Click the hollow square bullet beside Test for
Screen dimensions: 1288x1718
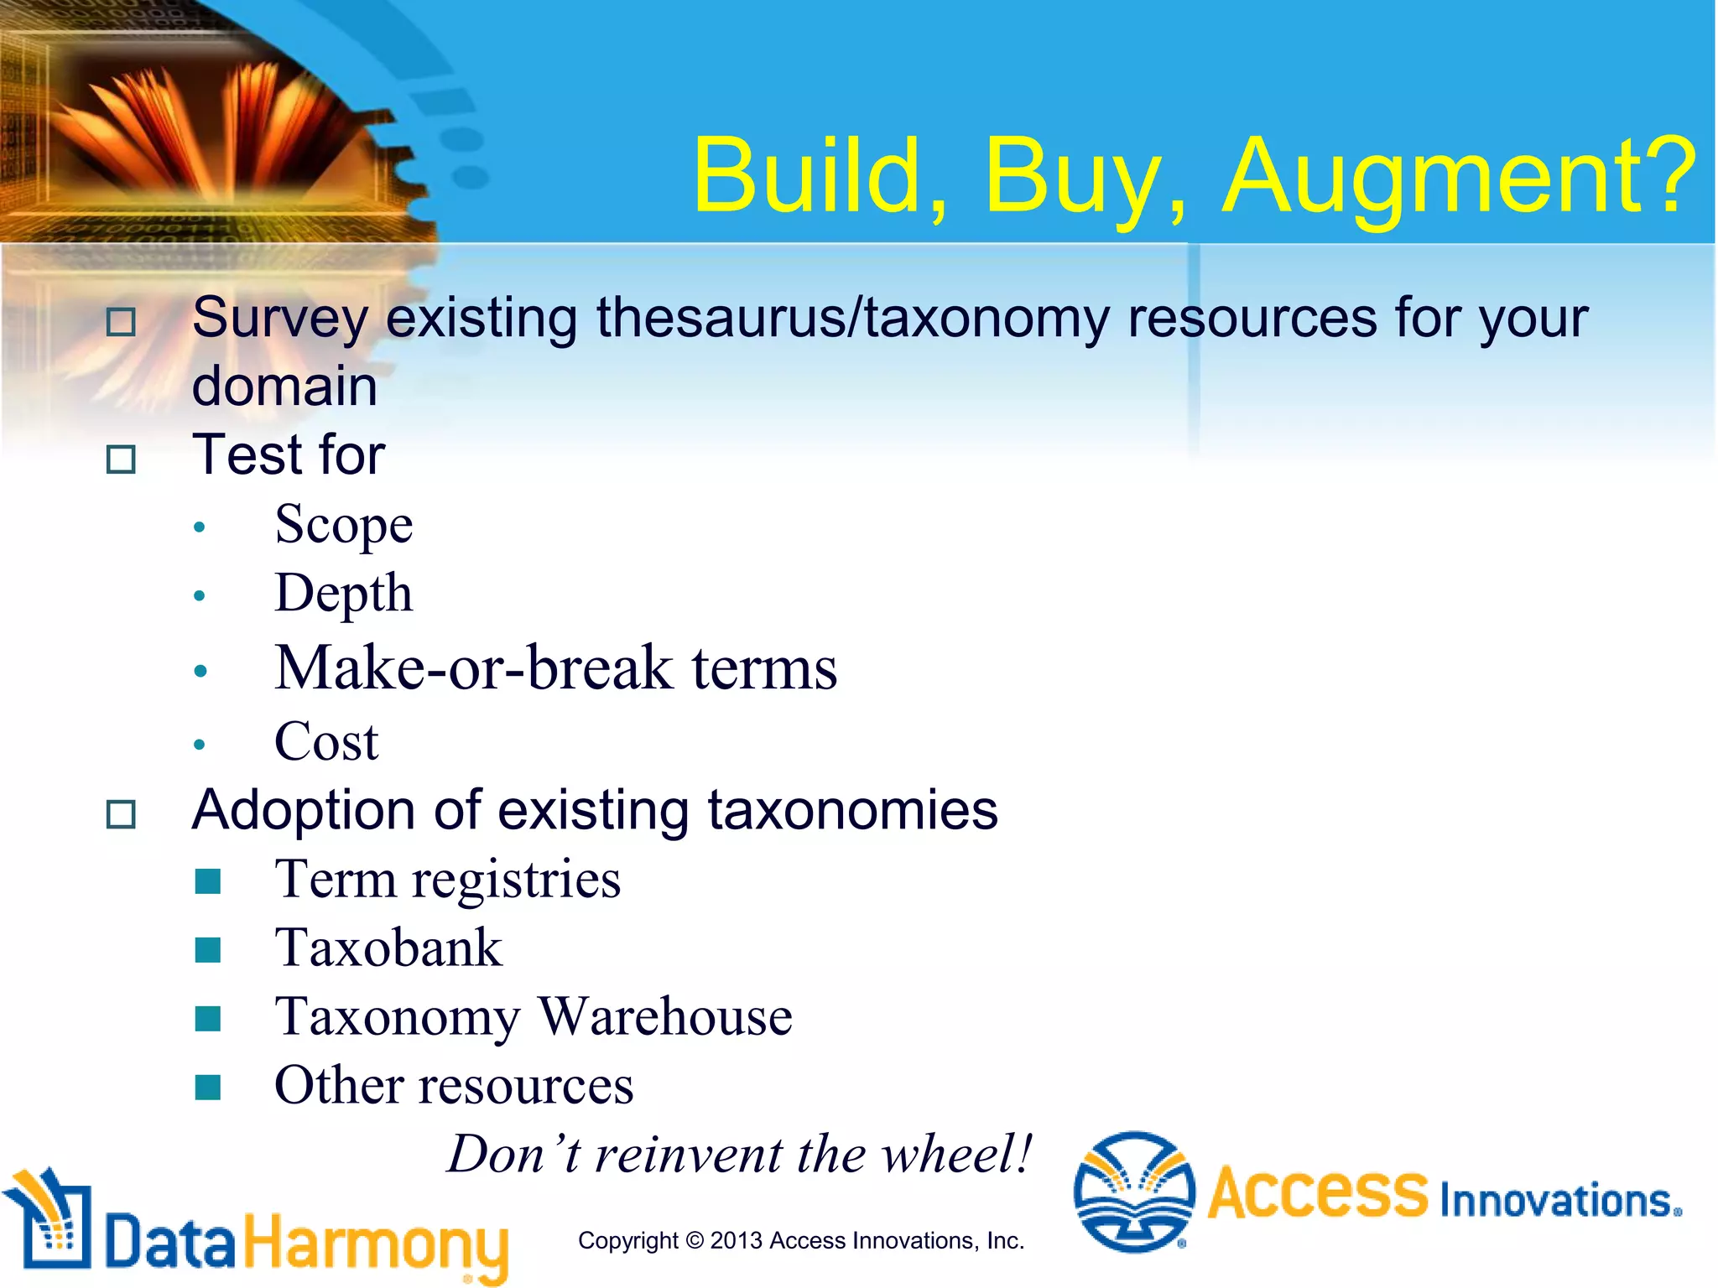(x=122, y=459)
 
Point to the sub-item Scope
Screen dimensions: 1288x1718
(x=344, y=525)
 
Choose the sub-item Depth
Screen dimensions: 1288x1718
(x=344, y=594)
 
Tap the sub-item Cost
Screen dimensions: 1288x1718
(x=326, y=742)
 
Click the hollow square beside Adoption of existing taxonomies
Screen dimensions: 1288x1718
(x=122, y=813)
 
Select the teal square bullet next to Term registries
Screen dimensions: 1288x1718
(x=207, y=881)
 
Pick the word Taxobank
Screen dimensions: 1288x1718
(x=388, y=948)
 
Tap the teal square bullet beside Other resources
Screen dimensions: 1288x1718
(x=207, y=1087)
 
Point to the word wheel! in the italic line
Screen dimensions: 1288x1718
(x=957, y=1154)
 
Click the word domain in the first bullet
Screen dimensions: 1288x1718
(x=284, y=387)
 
